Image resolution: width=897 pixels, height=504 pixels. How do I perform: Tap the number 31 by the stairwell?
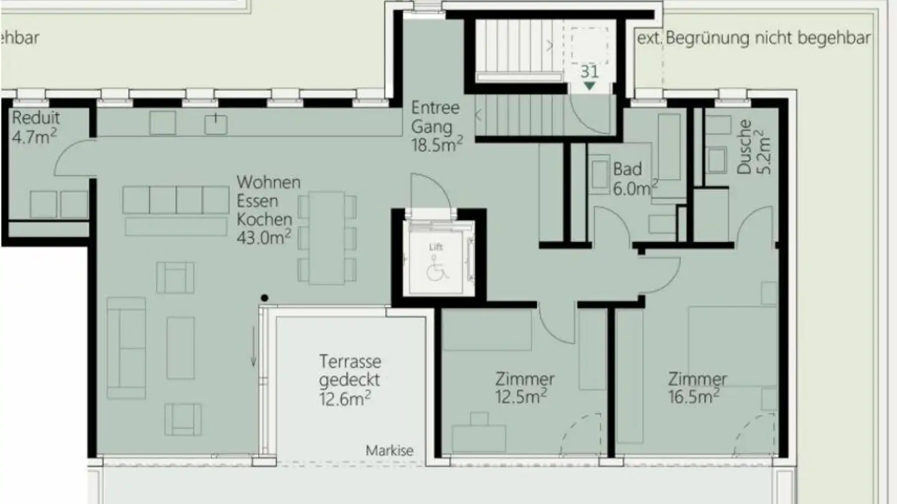[589, 70]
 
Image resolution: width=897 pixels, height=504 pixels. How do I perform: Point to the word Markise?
[389, 450]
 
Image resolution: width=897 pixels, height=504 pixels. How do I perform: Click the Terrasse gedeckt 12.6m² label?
[350, 380]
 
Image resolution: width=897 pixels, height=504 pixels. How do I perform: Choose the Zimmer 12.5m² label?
[524, 387]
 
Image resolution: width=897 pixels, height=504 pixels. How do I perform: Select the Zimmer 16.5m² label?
[697, 387]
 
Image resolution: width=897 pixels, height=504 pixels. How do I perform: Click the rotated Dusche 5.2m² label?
[753, 147]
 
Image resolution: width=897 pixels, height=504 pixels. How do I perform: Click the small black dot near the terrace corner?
[265, 298]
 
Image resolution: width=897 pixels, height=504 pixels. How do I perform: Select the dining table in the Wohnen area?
[327, 238]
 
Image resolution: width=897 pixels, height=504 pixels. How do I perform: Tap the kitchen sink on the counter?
[216, 123]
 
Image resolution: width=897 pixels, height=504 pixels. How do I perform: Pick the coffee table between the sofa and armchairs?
[181, 348]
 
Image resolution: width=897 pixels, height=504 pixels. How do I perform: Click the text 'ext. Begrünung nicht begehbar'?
[753, 38]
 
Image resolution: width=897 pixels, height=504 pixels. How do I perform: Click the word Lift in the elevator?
[436, 247]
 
